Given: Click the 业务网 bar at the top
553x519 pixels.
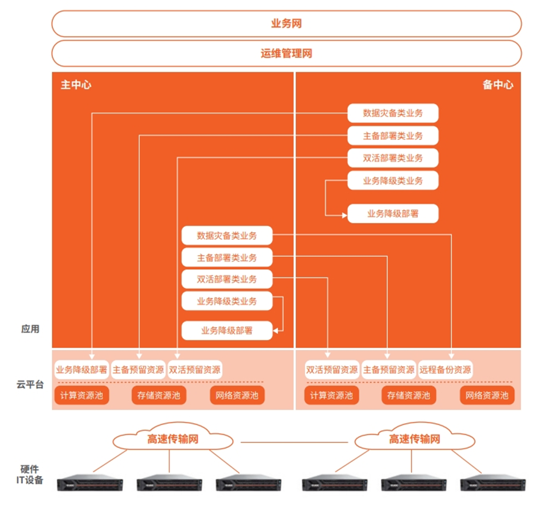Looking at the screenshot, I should pos(286,24).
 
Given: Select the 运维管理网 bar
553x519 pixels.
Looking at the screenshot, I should pos(286,54).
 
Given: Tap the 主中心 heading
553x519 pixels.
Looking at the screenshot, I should pos(75,84).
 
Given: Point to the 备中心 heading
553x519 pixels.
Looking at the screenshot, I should pos(497,84).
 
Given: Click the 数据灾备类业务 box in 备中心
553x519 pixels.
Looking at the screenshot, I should pos(393,113).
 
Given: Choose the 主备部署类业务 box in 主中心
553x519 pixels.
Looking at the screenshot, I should pos(227,258).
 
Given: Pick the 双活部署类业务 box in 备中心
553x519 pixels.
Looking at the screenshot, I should pos(393,158).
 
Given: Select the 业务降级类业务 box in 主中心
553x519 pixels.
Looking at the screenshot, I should pos(227,301).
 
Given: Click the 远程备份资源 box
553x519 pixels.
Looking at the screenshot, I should pos(446,369).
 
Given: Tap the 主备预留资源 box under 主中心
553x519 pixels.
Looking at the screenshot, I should pos(137,369).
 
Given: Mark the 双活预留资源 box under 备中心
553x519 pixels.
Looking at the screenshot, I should pos(332,369).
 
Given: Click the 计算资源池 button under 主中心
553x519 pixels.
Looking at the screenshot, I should pos(81,396).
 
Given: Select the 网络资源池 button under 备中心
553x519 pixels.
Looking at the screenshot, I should pos(487,396).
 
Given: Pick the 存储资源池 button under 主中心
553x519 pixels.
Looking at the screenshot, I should pos(159,396).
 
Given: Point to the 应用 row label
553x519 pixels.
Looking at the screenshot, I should pos(30,329).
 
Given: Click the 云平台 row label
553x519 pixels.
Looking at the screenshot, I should pos(30,385).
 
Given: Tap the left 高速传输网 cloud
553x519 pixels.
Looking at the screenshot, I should pos(173,439).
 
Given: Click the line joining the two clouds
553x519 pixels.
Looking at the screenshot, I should pos(296,440).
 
